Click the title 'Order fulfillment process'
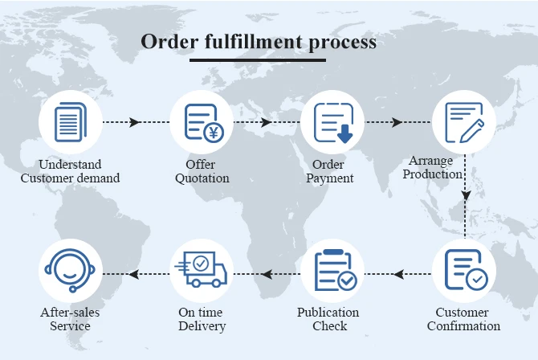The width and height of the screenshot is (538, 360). (259, 42)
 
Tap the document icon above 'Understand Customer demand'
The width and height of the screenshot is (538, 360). (70, 122)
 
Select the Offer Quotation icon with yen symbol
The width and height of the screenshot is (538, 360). (201, 122)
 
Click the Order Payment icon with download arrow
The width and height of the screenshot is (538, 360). (332, 122)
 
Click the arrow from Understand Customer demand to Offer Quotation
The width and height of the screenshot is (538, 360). (135, 122)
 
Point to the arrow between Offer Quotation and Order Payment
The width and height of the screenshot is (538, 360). (266, 122)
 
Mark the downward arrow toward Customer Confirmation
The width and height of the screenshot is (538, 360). (466, 194)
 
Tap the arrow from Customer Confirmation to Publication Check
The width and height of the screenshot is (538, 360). (398, 274)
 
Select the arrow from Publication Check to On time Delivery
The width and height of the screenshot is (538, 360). (266, 274)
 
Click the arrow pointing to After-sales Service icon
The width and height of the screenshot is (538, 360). (135, 274)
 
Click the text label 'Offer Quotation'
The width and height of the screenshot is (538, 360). (201, 171)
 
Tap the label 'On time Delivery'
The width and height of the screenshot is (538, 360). (202, 319)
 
